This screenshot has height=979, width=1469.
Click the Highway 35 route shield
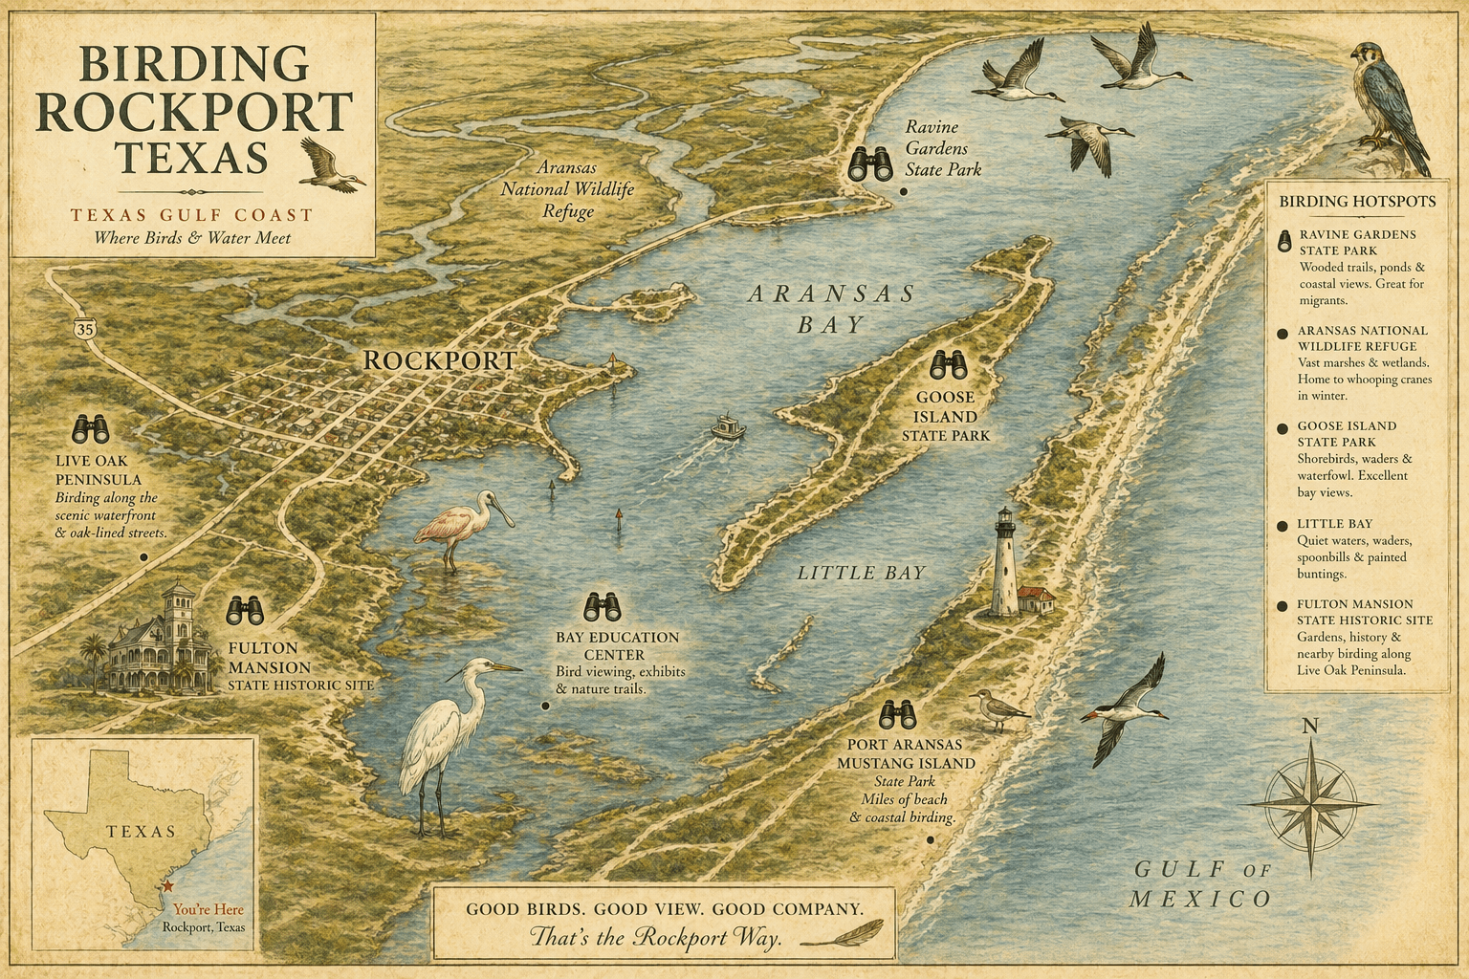click(x=83, y=328)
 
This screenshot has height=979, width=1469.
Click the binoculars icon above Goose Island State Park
click(x=948, y=365)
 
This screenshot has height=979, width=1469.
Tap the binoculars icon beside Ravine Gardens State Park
click(x=871, y=164)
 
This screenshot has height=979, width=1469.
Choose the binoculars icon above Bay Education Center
click(x=603, y=606)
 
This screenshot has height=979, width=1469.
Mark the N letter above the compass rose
click(x=1309, y=727)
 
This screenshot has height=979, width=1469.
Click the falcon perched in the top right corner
click(x=1388, y=100)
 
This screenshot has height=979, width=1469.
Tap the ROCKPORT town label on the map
click(x=440, y=360)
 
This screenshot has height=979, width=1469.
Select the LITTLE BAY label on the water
click(x=861, y=573)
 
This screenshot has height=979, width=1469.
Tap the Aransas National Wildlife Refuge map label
click(x=568, y=189)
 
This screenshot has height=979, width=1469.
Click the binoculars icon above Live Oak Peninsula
click(x=92, y=428)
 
